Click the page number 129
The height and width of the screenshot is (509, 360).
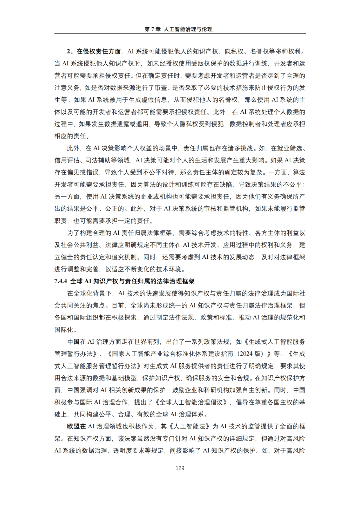pos(180,468)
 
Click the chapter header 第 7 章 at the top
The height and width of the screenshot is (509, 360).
pos(152,29)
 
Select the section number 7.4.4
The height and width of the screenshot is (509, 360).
pos(61,281)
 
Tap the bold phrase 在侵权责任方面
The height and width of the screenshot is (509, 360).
pos(99,51)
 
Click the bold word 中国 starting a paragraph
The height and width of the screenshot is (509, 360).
pos(73,342)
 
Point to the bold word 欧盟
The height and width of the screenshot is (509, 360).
pos(73,426)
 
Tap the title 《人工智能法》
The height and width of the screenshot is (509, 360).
pos(190,426)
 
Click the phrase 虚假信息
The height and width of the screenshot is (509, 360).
pos(154,100)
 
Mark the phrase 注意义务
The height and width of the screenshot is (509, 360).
pos(67,88)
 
